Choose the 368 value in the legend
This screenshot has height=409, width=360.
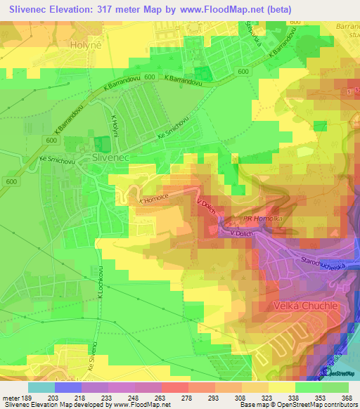(x=346, y=398)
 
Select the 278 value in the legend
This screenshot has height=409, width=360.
(x=188, y=398)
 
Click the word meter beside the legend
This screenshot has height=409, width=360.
(x=11, y=398)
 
